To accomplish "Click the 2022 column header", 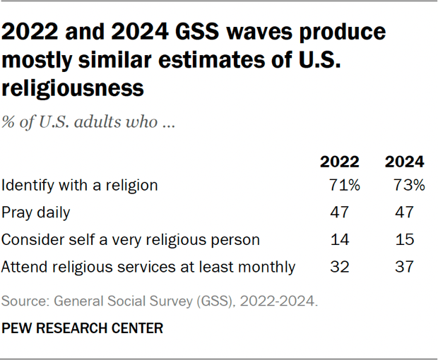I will (x=340, y=161).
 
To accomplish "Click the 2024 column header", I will (x=404, y=161).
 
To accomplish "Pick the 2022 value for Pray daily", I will (x=339, y=212).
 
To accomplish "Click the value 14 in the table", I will (x=339, y=239).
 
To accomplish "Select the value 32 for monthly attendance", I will (x=339, y=267).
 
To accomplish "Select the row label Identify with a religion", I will (x=79, y=186).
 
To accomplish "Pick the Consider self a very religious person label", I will (x=131, y=239).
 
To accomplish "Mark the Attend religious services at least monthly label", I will (x=148, y=267).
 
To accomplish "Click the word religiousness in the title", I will (x=73, y=88).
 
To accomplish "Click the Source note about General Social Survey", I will (x=160, y=301).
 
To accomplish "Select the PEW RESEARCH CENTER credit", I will (x=83, y=328).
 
